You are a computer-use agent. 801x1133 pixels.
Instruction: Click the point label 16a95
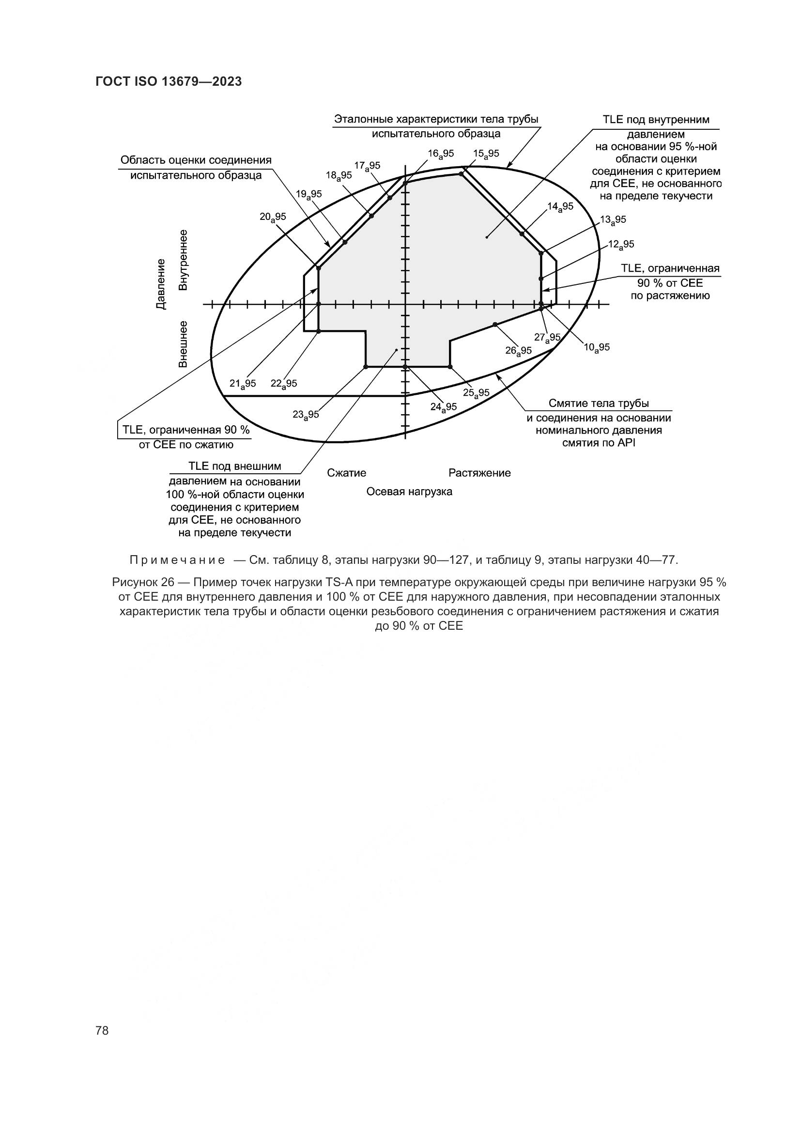pos(440,154)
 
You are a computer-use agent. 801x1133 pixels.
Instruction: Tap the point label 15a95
pos(486,154)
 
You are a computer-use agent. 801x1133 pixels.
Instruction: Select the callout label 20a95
pos(273,217)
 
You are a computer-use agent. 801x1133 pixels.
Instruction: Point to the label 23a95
pos(306,415)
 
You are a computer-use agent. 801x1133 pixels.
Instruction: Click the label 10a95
pos(597,347)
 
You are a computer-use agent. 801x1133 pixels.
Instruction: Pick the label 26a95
pos(518,350)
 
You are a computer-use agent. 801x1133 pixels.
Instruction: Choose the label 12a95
pos(621,244)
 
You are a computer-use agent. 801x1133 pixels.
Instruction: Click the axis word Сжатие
pos(347,473)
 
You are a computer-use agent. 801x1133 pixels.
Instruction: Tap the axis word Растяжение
pos(479,473)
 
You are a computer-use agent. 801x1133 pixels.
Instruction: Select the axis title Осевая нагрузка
pos(409,492)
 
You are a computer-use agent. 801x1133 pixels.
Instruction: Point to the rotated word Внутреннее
pos(183,260)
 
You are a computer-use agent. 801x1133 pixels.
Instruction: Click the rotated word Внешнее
pos(183,344)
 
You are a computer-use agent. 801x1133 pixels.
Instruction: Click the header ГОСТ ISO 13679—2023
pos(169,82)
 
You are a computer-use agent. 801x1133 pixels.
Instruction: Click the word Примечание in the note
pos(177,560)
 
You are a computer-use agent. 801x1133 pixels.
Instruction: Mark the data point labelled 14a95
pos(522,233)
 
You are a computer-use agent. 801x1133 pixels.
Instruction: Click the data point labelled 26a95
pos(495,324)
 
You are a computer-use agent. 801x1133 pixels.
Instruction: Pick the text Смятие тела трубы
pos(599,404)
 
